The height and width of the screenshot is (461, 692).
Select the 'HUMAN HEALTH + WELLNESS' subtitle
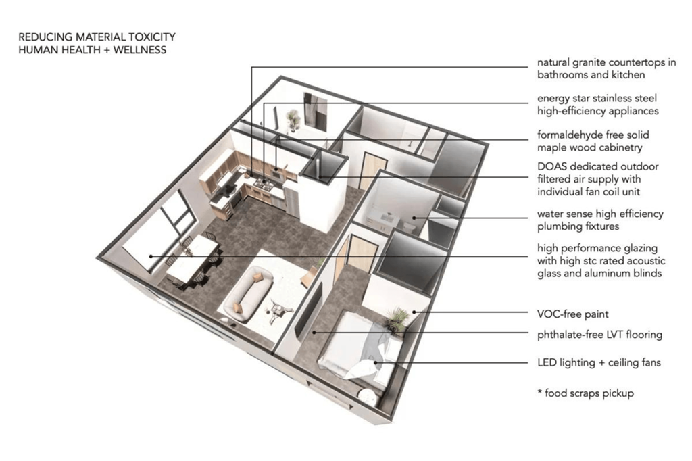[x=92, y=50]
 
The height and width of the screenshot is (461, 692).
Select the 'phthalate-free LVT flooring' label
[x=599, y=335]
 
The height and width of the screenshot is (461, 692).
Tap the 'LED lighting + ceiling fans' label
[x=599, y=363]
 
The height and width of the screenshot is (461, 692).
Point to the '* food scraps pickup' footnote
[x=585, y=393]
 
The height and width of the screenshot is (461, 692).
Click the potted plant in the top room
[x=293, y=120]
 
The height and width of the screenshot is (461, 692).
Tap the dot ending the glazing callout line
[x=151, y=256]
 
